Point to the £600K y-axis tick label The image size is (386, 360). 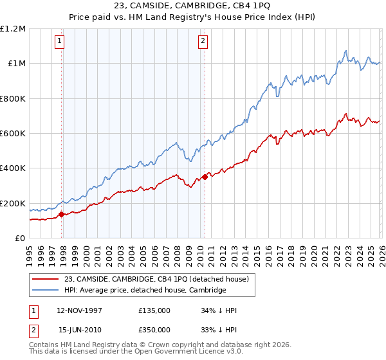point(13,134)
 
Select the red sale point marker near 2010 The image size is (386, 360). point(205,177)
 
